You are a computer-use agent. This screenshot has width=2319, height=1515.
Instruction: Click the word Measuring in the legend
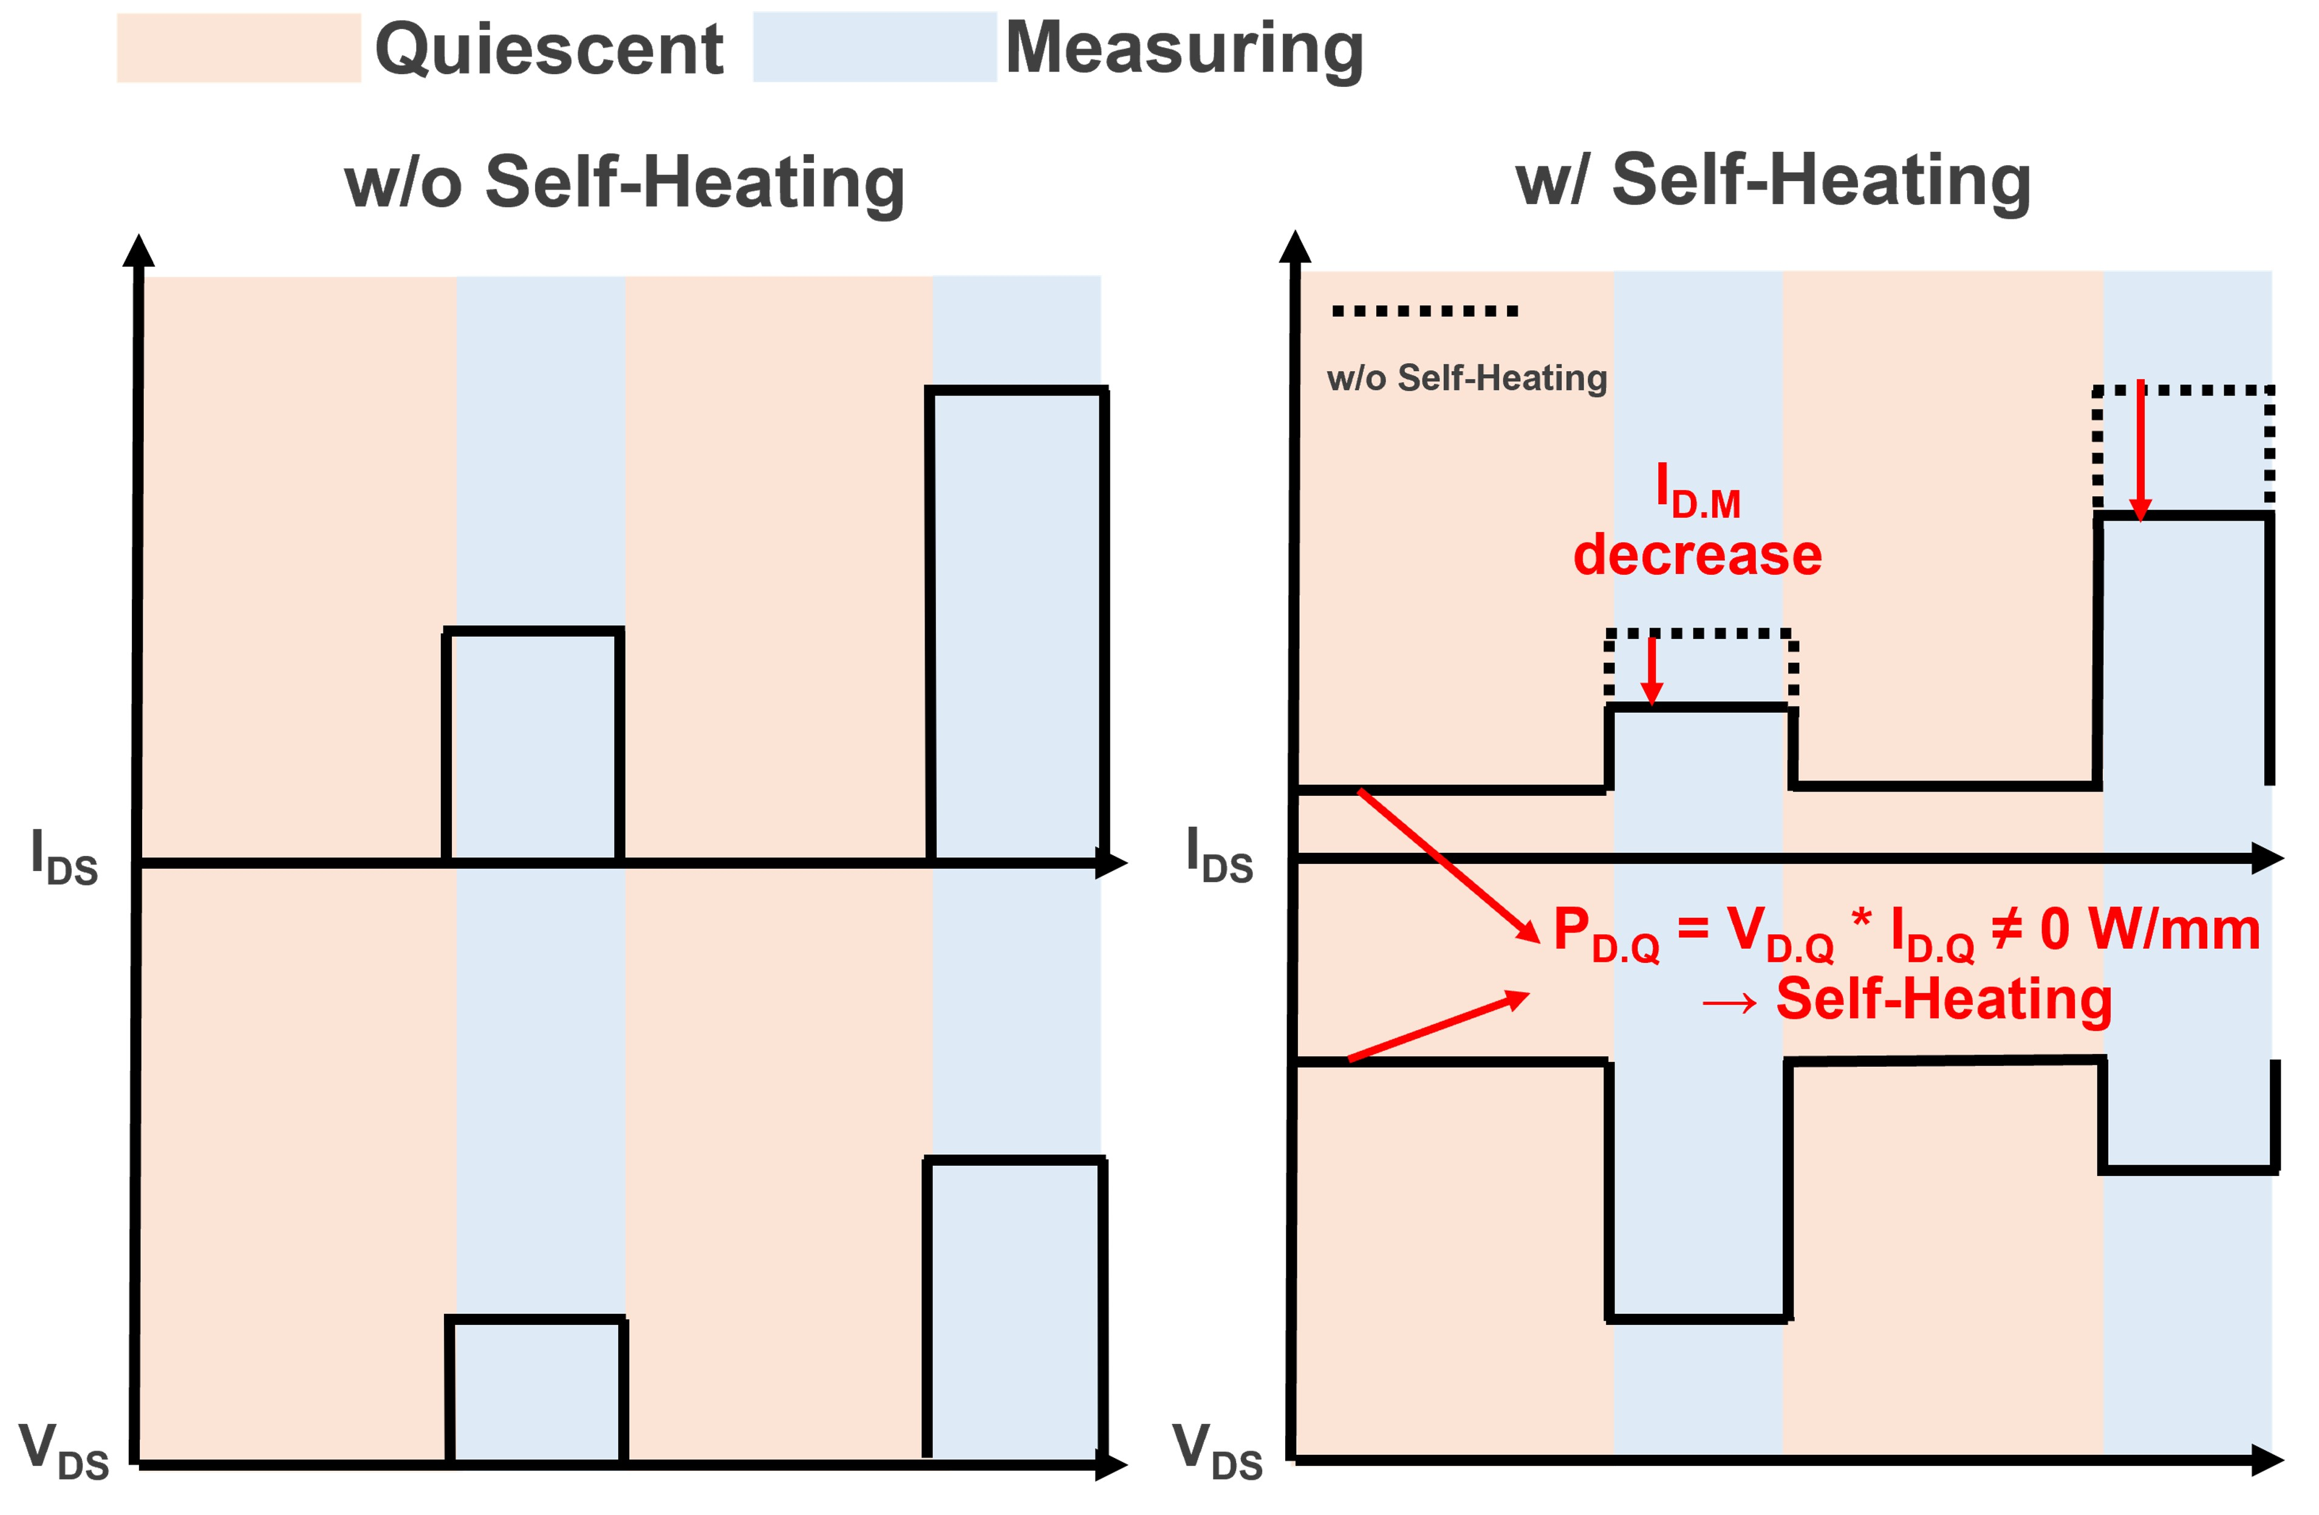point(1184,49)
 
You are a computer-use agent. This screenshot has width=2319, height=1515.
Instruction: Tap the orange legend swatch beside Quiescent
point(239,48)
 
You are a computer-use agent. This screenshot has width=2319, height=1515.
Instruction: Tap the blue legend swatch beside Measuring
point(875,47)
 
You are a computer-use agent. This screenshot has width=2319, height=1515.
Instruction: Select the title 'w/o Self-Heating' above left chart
point(624,182)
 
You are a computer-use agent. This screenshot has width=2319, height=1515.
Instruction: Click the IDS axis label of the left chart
point(64,857)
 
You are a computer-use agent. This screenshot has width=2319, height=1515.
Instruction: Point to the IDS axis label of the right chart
point(1219,855)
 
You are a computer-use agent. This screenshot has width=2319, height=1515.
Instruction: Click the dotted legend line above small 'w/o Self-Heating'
point(1424,311)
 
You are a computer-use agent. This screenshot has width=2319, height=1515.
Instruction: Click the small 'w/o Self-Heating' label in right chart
point(1466,378)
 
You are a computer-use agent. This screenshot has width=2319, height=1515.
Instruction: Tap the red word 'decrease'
point(1698,555)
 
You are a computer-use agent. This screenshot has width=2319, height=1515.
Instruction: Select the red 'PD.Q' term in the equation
point(1606,933)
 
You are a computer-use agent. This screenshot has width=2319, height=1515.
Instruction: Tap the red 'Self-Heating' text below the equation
point(1944,1000)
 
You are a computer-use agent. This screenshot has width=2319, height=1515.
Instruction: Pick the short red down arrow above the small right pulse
point(1651,669)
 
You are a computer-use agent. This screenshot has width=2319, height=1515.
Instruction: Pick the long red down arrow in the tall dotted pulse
point(2140,450)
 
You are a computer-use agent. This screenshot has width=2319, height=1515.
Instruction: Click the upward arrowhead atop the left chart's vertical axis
point(138,250)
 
